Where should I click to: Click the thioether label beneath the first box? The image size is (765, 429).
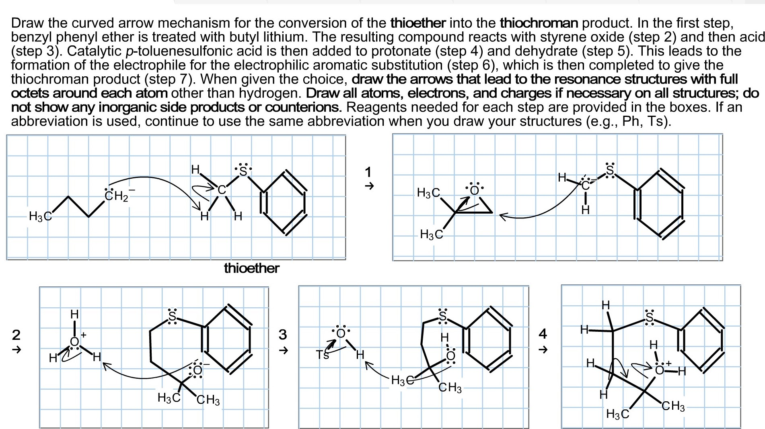(x=251, y=268)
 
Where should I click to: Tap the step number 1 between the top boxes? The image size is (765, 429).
(x=368, y=172)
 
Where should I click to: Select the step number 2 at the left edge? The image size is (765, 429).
(x=16, y=334)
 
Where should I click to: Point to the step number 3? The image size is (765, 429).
(x=283, y=334)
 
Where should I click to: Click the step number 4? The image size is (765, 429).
(x=543, y=333)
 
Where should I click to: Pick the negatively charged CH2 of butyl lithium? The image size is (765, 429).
(x=115, y=196)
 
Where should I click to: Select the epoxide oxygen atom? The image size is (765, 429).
(x=475, y=190)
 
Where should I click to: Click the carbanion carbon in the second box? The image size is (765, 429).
(x=586, y=186)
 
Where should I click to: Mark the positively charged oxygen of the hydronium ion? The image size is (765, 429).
(x=74, y=341)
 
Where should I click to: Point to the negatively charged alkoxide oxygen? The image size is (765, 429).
(x=197, y=370)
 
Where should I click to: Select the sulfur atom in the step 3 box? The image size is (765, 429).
(x=442, y=317)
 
